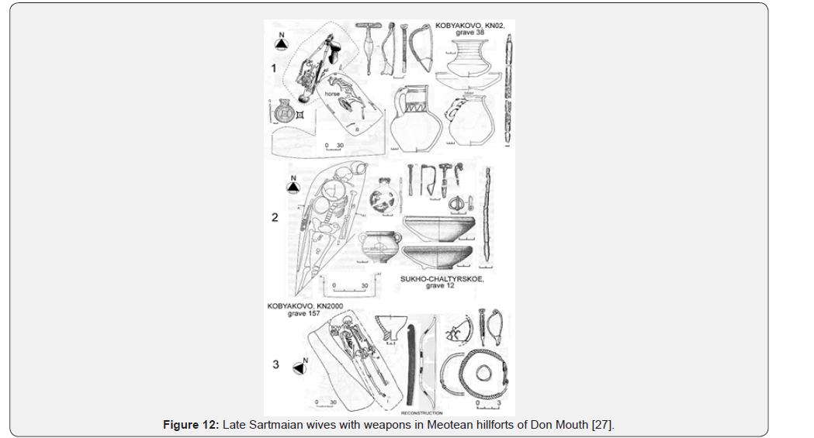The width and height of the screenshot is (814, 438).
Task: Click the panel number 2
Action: tap(274, 218)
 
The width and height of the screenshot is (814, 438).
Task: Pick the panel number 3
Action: tap(276, 365)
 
